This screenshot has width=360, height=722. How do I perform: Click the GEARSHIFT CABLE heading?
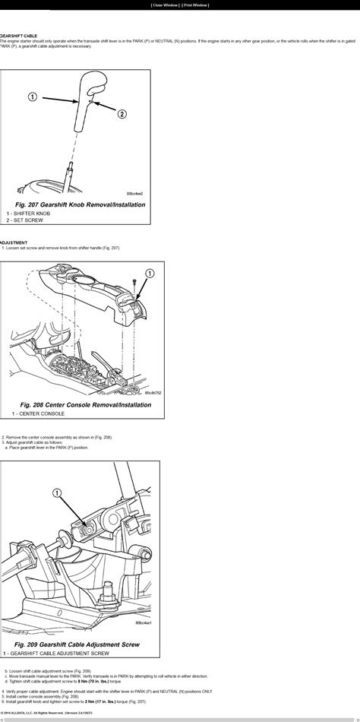click(20, 35)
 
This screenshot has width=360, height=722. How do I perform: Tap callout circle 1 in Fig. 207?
click(33, 97)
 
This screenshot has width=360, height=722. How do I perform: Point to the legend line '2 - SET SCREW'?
click(24, 220)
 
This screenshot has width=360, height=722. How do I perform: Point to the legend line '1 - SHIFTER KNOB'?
click(29, 214)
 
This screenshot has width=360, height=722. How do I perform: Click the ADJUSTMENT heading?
click(14, 243)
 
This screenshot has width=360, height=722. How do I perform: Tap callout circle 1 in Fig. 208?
click(149, 271)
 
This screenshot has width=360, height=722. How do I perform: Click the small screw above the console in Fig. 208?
click(134, 283)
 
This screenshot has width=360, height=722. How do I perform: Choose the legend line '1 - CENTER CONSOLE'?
click(33, 415)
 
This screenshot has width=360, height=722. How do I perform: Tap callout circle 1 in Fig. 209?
click(55, 494)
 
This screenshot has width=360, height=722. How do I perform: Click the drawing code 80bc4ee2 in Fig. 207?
click(135, 193)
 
